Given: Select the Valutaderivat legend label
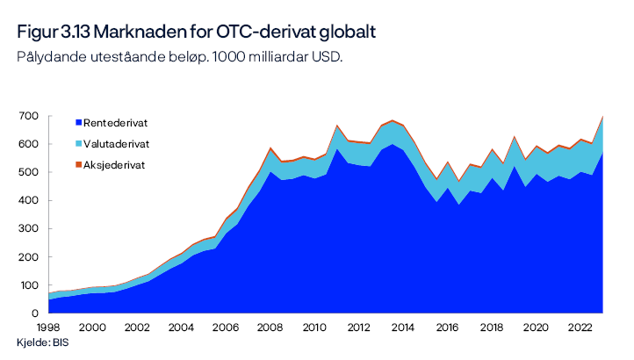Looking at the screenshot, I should (x=117, y=143).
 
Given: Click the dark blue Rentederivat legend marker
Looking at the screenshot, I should (x=79, y=122).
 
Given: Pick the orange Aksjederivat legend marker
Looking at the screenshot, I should (x=79, y=164).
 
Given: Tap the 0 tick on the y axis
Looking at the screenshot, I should (x=34, y=313).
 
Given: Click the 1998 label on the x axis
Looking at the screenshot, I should (x=48, y=327).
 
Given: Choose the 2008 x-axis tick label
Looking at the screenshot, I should (x=270, y=327).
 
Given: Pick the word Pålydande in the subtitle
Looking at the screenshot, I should (x=48, y=57).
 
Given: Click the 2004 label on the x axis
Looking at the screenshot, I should (x=181, y=327).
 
